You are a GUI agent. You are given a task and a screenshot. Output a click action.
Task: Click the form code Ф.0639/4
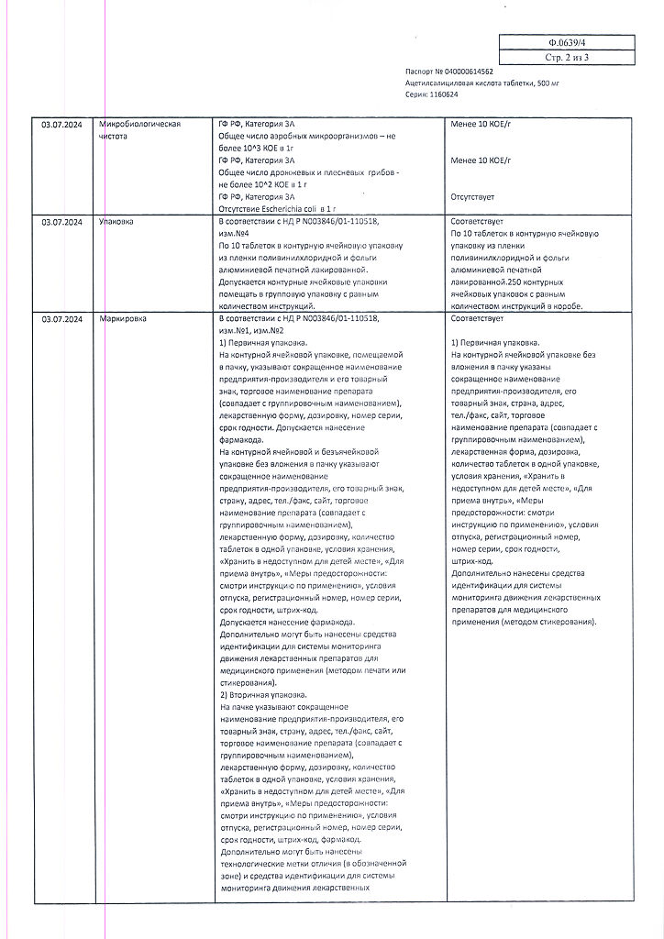566,42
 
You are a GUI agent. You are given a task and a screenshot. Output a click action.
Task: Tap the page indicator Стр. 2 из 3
566,57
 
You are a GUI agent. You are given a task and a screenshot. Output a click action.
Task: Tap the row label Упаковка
116,222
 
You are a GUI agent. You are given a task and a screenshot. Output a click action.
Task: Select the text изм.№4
237,234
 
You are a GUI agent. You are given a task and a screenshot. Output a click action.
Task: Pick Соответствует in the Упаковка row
477,222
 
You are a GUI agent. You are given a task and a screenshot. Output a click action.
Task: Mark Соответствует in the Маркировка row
477,318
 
